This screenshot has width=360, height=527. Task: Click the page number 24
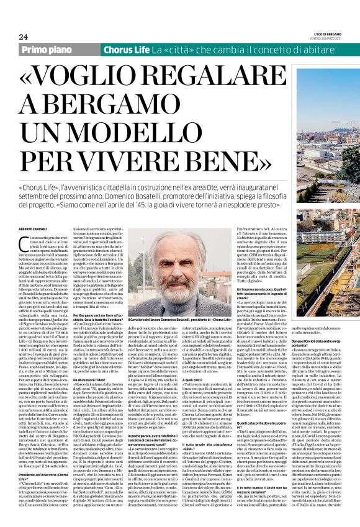pyautogui.click(x=24, y=37)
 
